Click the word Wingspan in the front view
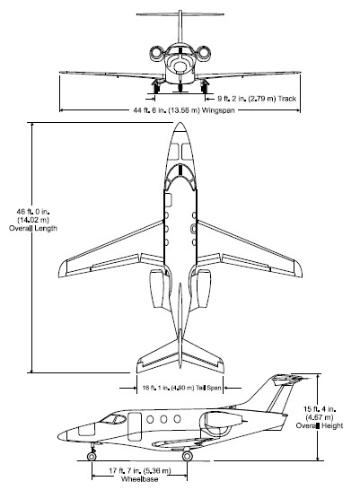pos(218,110)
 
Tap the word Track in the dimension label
pos(287,99)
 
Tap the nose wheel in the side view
pos(92,456)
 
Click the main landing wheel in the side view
pos(188,456)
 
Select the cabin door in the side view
pos(135,427)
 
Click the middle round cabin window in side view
pos(163,419)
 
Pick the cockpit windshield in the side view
pos(113,418)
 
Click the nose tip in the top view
pos(180,123)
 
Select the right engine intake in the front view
pos(204,52)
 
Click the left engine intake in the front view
pos(156,52)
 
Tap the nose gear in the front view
pos(180,86)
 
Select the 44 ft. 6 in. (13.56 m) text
pos(166,110)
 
